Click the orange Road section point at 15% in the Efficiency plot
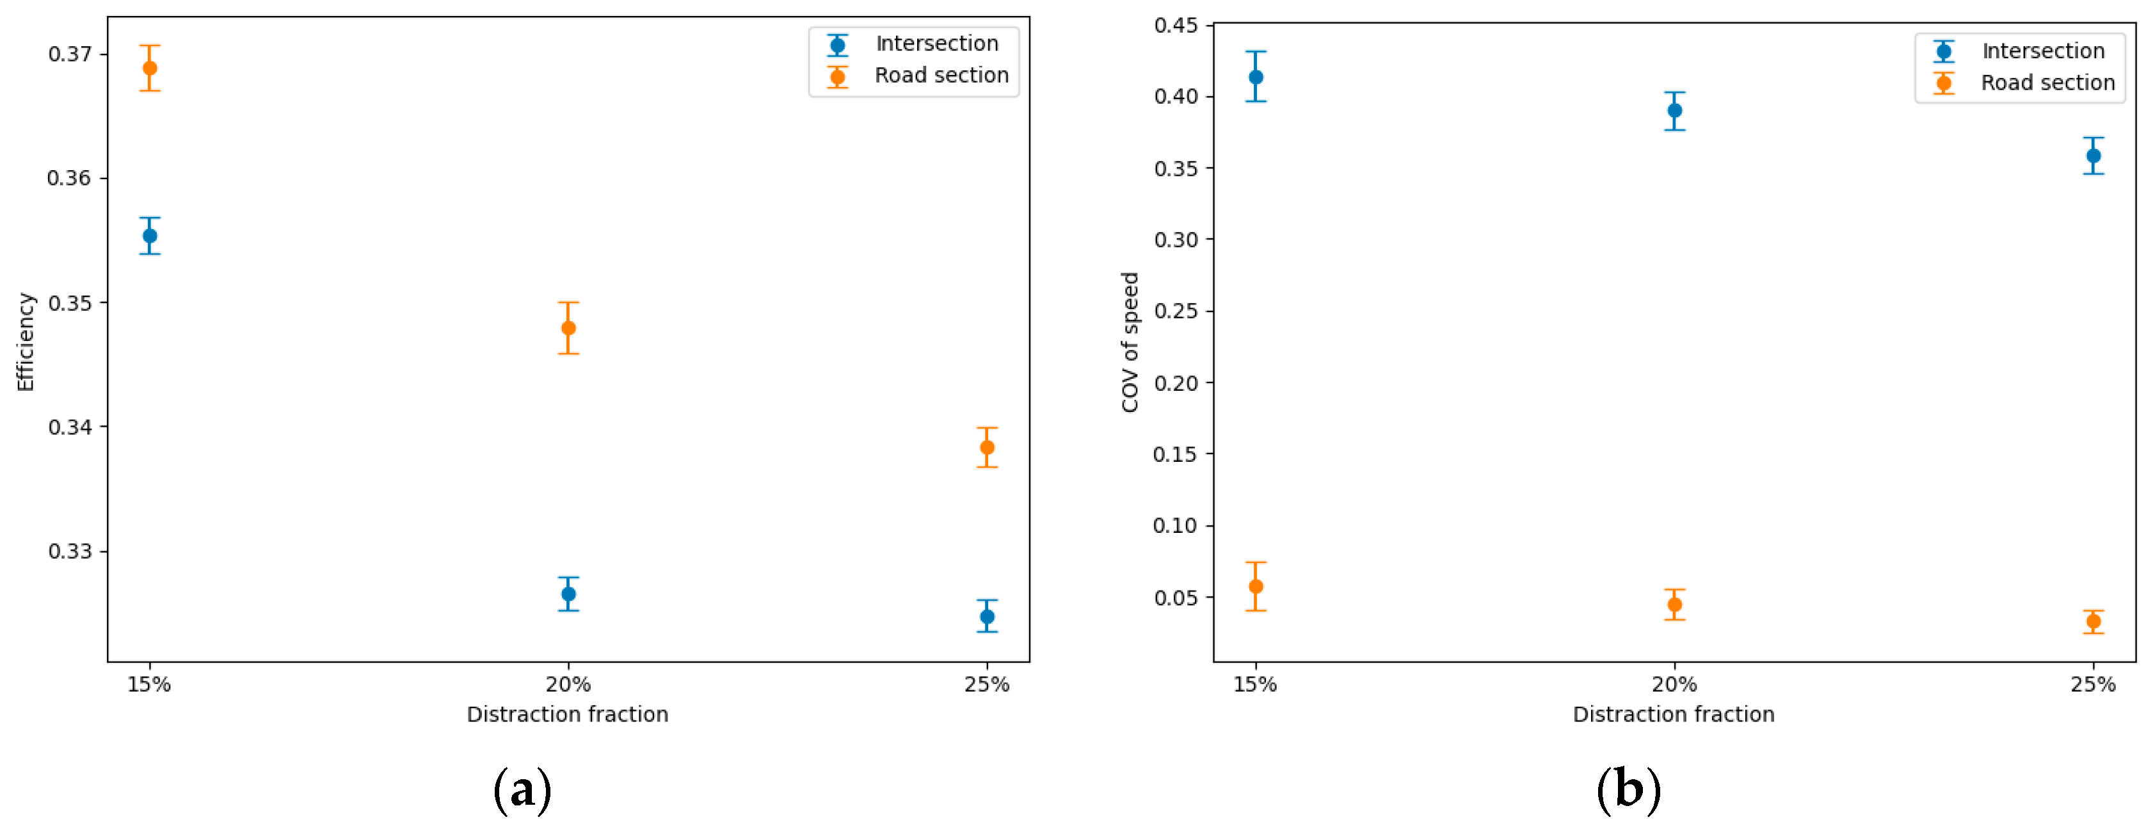click(150, 68)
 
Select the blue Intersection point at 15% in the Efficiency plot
click(150, 235)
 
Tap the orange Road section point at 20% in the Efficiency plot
click(568, 328)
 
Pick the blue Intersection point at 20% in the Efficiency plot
click(568, 594)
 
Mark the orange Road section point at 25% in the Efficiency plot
click(987, 448)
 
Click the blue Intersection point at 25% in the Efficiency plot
click(987, 616)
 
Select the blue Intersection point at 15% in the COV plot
click(1255, 77)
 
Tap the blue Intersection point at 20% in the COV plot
click(1674, 110)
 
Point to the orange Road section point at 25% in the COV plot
click(2093, 621)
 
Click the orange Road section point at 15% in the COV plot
click(1255, 586)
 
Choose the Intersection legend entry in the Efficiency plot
click(936, 44)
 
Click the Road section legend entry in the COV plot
click(2047, 83)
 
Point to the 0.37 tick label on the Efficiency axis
click(70, 54)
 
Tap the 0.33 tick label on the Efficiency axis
click(70, 551)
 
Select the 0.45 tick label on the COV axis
click(1176, 25)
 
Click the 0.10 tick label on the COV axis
click(1176, 525)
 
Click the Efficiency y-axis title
click(26, 342)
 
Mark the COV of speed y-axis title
click(1130, 342)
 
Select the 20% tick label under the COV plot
click(1674, 685)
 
